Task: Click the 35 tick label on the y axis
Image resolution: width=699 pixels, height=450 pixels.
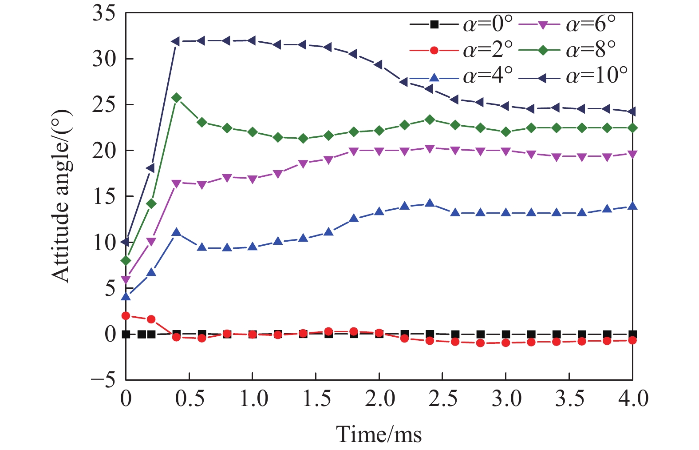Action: (x=104, y=13)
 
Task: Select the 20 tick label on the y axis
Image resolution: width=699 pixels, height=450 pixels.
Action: (x=104, y=151)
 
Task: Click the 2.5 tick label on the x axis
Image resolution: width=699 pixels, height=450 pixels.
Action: (x=442, y=398)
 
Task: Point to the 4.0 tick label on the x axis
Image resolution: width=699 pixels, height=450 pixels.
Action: (x=632, y=398)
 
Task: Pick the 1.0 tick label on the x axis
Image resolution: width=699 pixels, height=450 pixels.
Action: (x=253, y=398)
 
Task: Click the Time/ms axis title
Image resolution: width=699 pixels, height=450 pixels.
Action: (x=379, y=434)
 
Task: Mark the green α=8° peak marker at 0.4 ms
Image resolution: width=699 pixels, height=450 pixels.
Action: (x=177, y=98)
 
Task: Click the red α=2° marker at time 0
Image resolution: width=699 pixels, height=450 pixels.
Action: (x=126, y=316)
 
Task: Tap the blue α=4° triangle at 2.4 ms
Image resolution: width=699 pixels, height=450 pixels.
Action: (x=430, y=203)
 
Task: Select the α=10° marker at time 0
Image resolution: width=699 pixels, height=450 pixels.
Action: (x=126, y=242)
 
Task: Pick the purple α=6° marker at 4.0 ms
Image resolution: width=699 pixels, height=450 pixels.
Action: (x=632, y=154)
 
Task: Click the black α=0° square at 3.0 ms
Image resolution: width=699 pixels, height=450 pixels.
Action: (x=505, y=334)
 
